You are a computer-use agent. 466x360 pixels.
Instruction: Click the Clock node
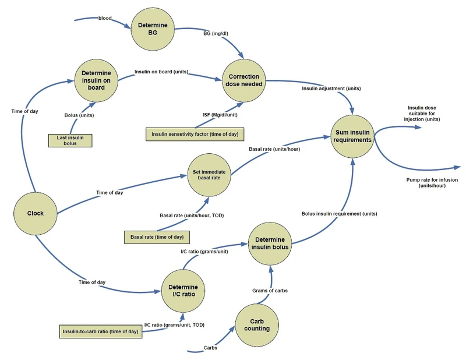coord(36,213)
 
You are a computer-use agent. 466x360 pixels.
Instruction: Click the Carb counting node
coord(257,325)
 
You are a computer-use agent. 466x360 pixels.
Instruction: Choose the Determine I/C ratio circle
coord(183,291)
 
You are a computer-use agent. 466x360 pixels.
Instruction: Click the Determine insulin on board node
coord(97,80)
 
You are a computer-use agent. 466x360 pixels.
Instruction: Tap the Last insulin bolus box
coord(70,140)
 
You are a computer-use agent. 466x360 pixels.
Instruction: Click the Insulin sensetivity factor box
coord(195,134)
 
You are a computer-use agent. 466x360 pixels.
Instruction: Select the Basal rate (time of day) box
coord(157,237)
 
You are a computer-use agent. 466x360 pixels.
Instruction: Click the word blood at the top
coord(105,19)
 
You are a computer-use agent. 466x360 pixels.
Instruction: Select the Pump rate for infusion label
coord(432,183)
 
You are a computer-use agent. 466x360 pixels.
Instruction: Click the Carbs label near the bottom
coord(211,347)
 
